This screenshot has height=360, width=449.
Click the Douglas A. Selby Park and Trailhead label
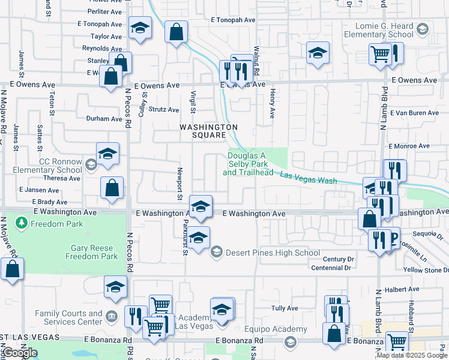coord(247,164)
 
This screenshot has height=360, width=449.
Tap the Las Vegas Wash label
coord(309,178)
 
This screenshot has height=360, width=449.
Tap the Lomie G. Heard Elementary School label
coord(379,30)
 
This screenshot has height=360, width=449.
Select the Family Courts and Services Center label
coord(68,317)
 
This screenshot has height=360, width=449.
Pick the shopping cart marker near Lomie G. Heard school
coord(380,55)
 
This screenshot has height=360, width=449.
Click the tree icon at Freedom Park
coord(22,224)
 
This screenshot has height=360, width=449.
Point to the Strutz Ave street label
coord(164,110)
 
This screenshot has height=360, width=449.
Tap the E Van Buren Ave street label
coord(414,113)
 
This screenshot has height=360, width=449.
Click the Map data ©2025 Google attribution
coord(412,355)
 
